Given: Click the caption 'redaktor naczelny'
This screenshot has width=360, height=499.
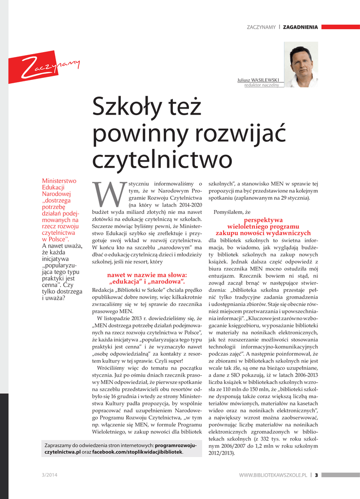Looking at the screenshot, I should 262,85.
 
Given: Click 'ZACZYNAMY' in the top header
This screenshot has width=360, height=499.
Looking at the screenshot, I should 261,27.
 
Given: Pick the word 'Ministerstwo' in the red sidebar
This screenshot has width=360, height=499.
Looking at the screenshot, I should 59,181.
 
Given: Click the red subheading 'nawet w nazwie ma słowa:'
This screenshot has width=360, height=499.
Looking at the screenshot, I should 147,275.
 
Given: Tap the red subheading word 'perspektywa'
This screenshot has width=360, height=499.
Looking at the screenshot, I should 263,220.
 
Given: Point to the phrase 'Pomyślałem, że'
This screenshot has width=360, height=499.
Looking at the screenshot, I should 232,212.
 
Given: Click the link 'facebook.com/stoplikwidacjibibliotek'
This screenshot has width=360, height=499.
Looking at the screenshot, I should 137,452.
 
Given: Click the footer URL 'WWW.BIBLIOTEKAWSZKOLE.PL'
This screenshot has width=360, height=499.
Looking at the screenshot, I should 273,475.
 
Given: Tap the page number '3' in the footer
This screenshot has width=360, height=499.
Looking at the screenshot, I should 316,475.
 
